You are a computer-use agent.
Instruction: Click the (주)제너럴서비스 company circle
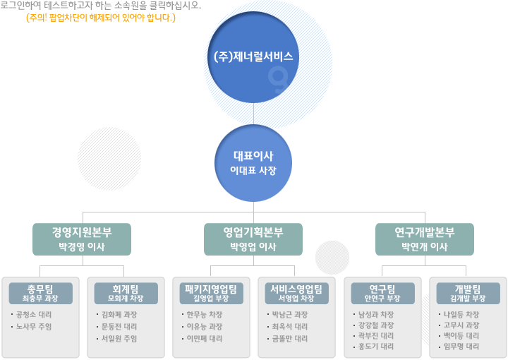[x=253, y=57]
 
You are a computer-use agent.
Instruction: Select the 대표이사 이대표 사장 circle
[x=253, y=163]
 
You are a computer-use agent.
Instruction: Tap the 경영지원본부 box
[x=82, y=239]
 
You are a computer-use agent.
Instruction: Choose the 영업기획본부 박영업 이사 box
[x=253, y=239]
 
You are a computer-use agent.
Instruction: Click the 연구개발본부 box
[x=425, y=239]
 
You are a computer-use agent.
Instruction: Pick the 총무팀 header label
[x=40, y=293]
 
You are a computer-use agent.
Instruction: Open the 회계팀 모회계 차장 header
[x=126, y=293]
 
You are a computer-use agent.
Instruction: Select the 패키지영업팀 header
[x=211, y=293]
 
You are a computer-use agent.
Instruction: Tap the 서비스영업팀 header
[x=297, y=293]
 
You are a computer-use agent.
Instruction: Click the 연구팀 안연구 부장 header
[x=382, y=293]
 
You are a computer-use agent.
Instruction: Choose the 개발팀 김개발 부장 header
[x=468, y=293]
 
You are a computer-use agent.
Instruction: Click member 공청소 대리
[x=34, y=315]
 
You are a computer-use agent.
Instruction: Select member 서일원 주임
[x=119, y=339]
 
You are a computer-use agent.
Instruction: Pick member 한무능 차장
[x=205, y=315]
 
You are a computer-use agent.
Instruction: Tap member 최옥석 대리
[x=290, y=327]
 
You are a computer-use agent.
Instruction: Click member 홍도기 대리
[x=376, y=347]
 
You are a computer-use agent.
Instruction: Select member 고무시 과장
[x=461, y=325]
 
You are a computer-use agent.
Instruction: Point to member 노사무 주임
[x=34, y=327]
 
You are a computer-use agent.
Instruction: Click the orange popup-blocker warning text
[x=101, y=18]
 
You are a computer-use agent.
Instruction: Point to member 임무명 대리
[x=461, y=347]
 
